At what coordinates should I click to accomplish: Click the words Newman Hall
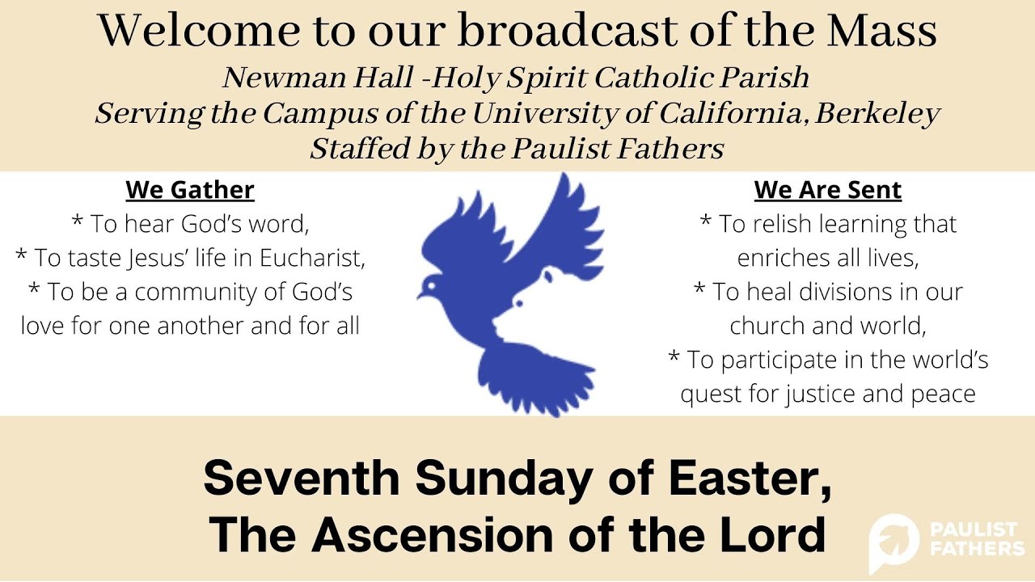click(289, 78)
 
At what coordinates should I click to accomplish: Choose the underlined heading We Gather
click(190, 190)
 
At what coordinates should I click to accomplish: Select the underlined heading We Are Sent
click(827, 190)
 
